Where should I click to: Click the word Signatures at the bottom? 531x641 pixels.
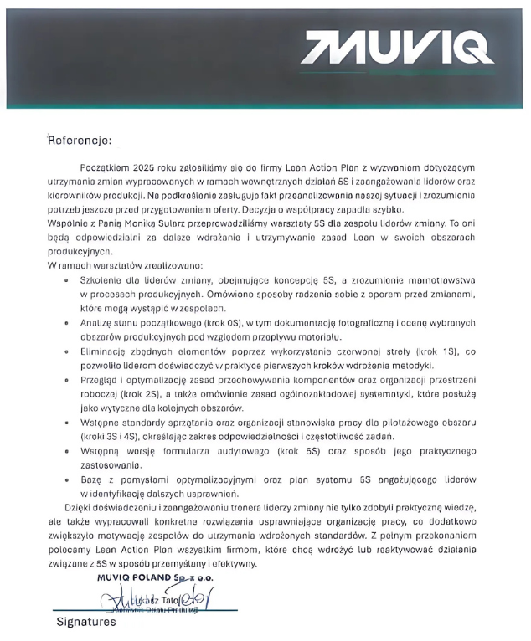86,623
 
